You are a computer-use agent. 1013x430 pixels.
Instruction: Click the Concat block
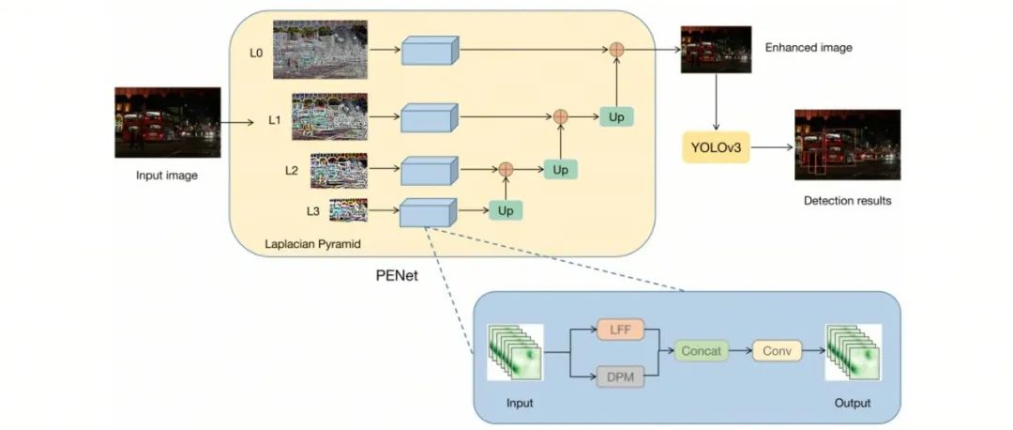[703, 351]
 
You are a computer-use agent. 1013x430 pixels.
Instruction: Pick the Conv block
[777, 351]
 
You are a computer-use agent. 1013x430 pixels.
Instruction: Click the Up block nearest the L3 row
[506, 210]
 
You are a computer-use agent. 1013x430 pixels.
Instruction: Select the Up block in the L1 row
[616, 116]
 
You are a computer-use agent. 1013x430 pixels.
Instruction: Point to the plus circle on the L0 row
[617, 48]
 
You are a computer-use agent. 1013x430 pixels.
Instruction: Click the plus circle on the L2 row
[506, 169]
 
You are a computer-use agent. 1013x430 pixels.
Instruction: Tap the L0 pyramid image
[320, 50]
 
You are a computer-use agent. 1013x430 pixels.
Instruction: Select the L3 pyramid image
[348, 210]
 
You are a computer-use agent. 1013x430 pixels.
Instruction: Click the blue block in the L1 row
[429, 117]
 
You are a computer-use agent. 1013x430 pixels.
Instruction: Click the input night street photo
[167, 122]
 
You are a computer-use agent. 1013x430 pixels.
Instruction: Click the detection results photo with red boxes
[847, 145]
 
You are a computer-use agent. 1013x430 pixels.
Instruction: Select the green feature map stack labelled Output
[852, 352]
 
